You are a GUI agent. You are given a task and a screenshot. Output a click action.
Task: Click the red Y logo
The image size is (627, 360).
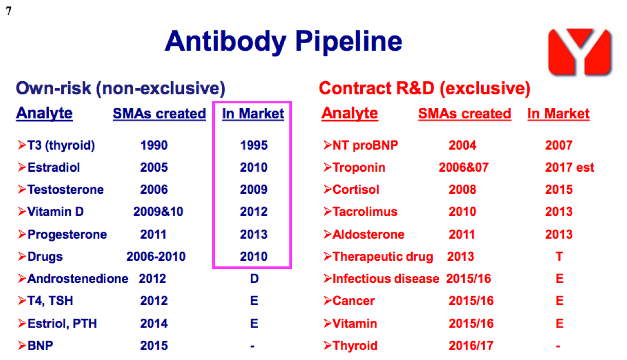coord(579,52)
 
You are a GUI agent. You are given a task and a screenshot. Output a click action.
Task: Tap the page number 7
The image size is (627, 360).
coord(9,11)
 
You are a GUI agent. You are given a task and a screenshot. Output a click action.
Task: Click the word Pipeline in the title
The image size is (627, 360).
coord(348,42)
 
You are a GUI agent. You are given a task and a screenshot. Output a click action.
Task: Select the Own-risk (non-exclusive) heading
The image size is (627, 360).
coord(120,88)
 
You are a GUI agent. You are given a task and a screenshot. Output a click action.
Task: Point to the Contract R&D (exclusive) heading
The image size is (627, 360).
coord(425,88)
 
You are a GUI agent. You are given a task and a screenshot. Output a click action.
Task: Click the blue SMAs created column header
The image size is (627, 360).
coord(159,114)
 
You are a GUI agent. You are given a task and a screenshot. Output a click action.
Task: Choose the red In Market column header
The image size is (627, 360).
coord(559,114)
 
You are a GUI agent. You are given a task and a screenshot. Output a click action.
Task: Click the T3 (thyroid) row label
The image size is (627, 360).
coord(61,146)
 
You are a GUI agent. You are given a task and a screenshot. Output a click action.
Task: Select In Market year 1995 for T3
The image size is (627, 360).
coord(253,146)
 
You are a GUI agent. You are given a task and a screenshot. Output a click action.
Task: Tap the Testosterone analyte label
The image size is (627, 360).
coord(65,190)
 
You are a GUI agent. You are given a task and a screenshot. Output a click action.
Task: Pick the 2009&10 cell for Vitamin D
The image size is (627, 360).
coord(158,212)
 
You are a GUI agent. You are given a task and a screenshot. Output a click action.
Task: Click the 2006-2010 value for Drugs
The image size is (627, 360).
coord(156,257)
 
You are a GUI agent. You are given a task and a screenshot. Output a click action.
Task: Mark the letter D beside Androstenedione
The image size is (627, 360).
coord(254,279)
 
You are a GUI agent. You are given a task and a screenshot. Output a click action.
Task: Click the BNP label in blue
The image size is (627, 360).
coord(40,346)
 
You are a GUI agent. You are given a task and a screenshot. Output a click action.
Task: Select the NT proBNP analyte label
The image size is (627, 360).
coord(365,146)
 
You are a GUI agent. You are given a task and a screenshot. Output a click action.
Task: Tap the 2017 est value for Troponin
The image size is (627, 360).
coord(569,168)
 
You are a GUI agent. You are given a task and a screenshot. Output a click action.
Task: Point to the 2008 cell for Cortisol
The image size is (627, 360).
coord(463,190)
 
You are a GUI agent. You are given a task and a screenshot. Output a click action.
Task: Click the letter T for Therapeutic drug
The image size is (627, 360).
coord(559,257)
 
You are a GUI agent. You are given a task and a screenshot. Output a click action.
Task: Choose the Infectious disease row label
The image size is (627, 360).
coord(386,279)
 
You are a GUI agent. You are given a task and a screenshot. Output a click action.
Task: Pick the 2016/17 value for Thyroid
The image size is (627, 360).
coord(471,346)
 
